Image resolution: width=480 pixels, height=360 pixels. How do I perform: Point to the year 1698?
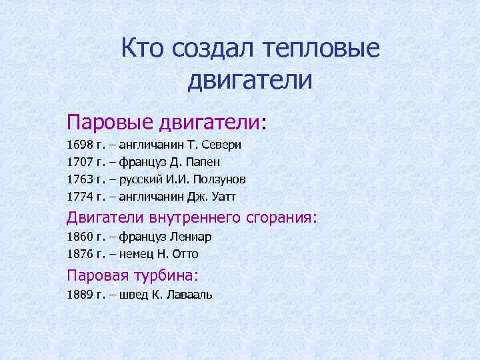tap(80, 144)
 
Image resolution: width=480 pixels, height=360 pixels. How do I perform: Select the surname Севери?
tap(223, 144)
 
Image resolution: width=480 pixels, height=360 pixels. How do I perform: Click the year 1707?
tap(80, 161)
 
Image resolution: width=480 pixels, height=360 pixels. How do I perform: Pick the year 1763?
tap(80, 179)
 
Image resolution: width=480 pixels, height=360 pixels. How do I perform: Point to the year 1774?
tap(80, 196)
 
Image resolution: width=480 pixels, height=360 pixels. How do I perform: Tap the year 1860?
tap(80, 237)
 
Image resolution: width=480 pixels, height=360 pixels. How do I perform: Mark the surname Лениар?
tap(193, 237)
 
